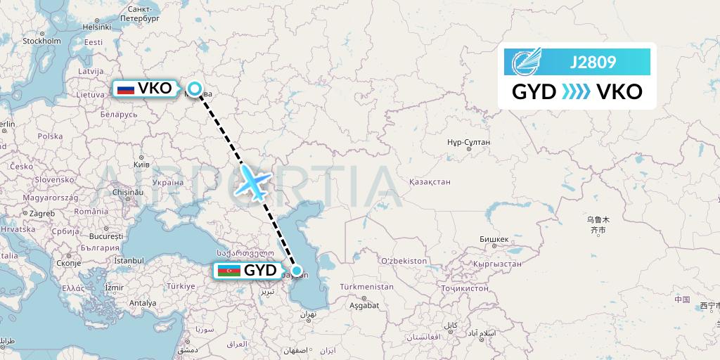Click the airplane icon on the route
(x=253, y=181)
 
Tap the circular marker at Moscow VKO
(x=194, y=89)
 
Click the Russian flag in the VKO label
(x=126, y=89)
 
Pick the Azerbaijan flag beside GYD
(x=229, y=271)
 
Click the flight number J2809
(x=592, y=63)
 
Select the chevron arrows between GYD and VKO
(x=576, y=92)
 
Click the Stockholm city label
(x=41, y=41)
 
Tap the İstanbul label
(x=129, y=261)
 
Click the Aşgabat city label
(x=363, y=305)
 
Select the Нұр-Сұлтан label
(x=468, y=143)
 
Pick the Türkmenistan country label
(x=366, y=287)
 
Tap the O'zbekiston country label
(x=403, y=261)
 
